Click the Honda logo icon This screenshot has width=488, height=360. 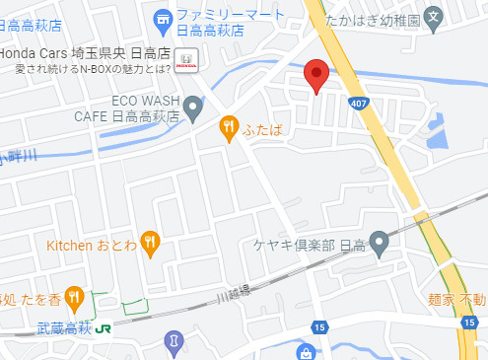point(184,60)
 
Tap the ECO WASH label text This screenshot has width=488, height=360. point(144,100)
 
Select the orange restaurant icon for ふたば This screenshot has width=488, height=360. point(229,126)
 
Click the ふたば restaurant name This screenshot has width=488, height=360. point(263,126)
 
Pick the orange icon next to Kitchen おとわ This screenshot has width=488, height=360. point(149,241)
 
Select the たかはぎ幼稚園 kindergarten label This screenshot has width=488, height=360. point(411,19)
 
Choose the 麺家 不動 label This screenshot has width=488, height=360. point(455,299)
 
